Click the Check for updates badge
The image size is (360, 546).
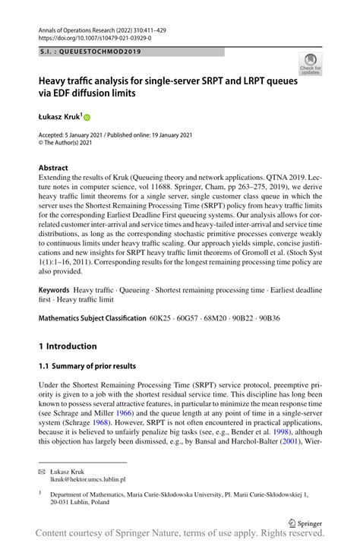coord(310,64)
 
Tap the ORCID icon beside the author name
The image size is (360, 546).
coord(87,117)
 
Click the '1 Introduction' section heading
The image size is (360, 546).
coord(68,346)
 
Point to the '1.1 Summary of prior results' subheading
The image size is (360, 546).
coord(87,366)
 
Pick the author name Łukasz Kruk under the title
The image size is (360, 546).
coord(60,117)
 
